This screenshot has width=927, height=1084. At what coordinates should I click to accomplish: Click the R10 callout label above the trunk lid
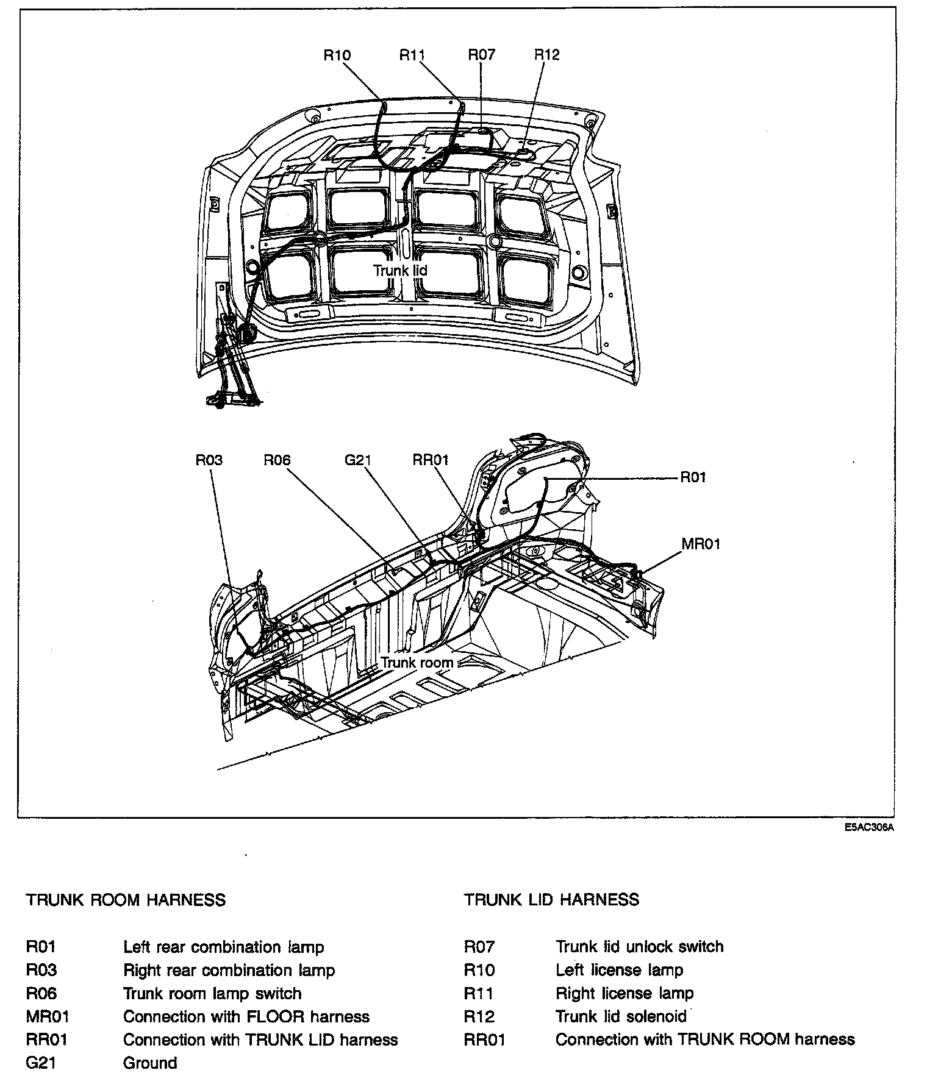[337, 55]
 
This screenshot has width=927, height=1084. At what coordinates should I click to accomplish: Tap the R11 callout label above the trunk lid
[412, 55]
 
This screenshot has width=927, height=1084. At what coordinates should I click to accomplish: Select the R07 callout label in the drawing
[482, 55]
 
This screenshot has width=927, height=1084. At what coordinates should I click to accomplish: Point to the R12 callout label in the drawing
[546, 55]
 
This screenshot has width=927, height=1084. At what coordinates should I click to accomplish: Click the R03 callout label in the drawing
[209, 460]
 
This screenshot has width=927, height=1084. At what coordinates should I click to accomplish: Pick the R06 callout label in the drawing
[277, 460]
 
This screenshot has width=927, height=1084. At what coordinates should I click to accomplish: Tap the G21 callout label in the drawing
[358, 460]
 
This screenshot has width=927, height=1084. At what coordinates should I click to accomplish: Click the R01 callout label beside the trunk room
[693, 477]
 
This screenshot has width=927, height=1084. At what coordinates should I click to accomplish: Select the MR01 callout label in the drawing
[701, 544]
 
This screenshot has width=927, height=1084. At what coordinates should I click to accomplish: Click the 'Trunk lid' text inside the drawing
[400, 270]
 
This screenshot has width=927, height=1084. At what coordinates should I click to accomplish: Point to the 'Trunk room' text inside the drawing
[417, 662]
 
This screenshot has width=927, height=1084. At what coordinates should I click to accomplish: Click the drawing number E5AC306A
[869, 828]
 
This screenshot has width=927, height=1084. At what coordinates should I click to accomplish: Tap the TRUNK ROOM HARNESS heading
[126, 900]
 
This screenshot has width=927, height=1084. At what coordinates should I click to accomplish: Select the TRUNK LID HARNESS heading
[551, 899]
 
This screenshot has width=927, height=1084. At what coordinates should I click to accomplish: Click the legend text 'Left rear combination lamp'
[223, 947]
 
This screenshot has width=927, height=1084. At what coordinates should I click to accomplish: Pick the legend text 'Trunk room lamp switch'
[212, 993]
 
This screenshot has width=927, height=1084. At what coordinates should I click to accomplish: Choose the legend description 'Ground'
[150, 1063]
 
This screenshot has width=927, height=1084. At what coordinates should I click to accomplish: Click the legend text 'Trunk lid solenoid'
[621, 1016]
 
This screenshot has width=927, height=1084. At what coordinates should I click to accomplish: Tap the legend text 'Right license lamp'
[625, 993]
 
